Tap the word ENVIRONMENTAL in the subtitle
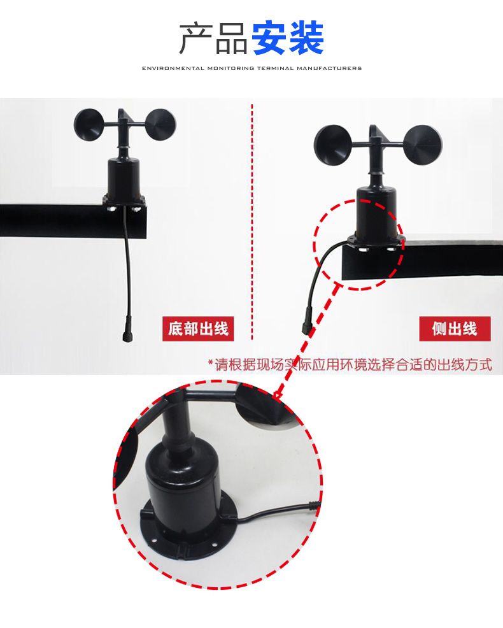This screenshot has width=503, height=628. [x=173, y=68]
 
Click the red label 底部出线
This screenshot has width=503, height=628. [x=197, y=329]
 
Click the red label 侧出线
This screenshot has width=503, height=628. [x=455, y=329]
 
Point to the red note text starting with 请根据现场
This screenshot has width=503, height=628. [x=350, y=365]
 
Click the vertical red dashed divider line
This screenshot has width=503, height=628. [x=252, y=223]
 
